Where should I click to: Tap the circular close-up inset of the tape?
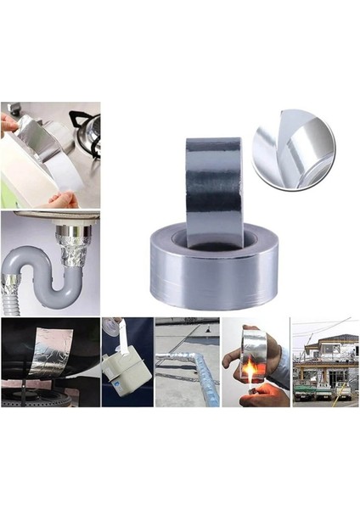[x=293, y=151]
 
